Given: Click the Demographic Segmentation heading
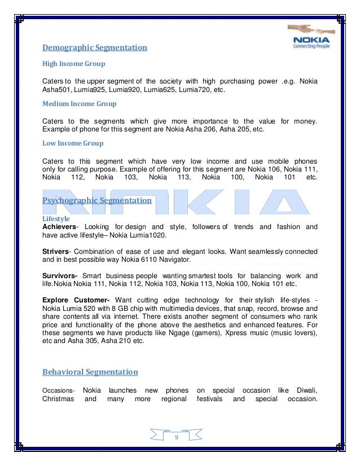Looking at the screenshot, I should tap(95, 48).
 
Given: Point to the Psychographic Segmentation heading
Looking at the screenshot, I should tap(97, 200).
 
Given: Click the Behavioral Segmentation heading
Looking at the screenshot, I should tap(90, 372).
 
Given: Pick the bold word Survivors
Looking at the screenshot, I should tap(59, 276).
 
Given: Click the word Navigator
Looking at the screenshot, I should tap(174, 260).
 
